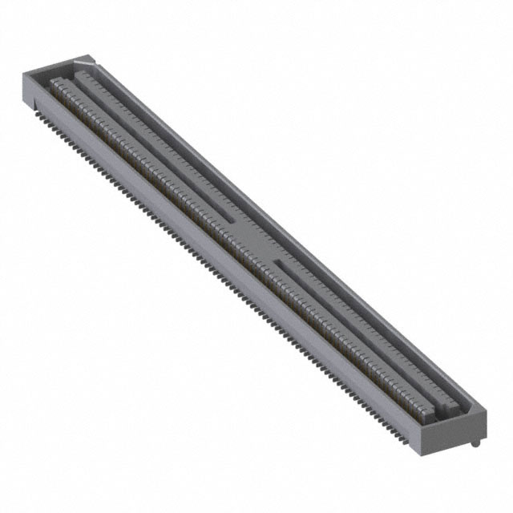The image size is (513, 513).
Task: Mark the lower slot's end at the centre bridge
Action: click(277, 261)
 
